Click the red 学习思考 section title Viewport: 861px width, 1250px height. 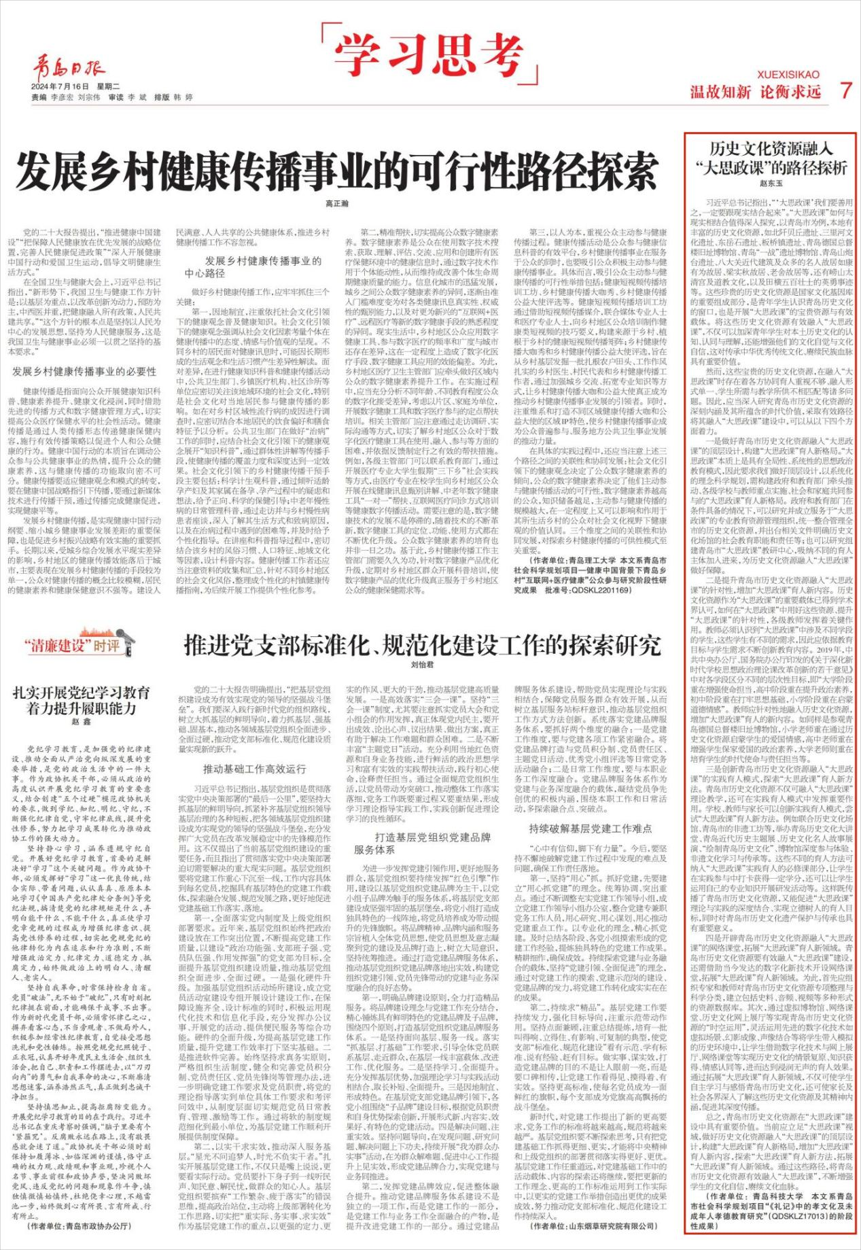click(431, 53)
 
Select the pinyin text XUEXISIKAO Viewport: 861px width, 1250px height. click(788, 75)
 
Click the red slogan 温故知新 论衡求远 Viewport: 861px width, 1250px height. click(756, 92)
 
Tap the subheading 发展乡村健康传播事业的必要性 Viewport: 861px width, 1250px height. click(85, 372)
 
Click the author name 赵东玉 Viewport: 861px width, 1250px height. click(771, 183)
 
